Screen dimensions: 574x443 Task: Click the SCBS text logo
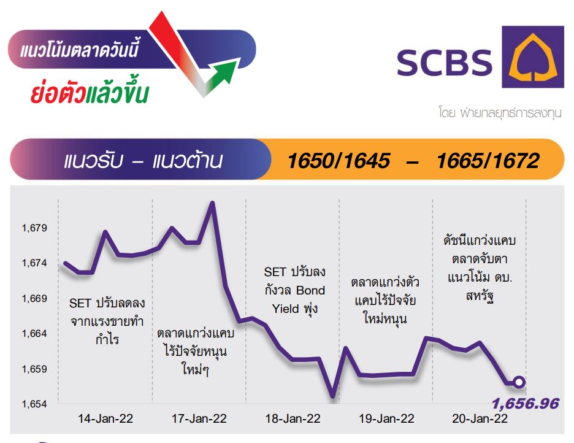445,62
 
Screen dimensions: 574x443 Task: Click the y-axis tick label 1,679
34,228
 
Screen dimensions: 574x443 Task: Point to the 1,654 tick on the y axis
34,404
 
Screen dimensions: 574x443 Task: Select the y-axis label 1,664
34,334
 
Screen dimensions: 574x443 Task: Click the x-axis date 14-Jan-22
105,418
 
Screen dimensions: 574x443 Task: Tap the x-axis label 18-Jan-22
293,418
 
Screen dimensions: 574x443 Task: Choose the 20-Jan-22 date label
480,418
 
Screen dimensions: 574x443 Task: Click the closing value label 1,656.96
526,404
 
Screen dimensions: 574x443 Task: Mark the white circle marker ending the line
519,382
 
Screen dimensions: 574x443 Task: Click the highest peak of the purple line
212,202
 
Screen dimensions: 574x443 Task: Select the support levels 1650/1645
339,161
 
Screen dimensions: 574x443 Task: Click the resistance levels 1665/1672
488,161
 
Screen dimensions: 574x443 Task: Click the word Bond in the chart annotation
310,290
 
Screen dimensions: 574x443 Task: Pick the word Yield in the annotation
286,309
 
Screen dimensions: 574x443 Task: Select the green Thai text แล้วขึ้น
117,91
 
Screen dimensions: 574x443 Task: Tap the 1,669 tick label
34,299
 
